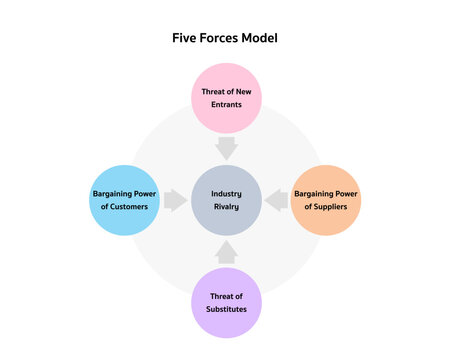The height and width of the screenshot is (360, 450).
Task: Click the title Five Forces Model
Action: pos(225,38)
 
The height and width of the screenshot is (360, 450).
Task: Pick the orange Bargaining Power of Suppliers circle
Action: pos(326,200)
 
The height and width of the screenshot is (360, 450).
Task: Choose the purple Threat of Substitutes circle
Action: pos(226,303)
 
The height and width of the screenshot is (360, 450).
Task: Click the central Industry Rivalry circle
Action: pos(226,200)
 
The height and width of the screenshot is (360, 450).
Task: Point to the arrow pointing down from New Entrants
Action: pos(226,148)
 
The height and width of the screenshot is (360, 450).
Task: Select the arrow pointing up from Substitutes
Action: pos(226,251)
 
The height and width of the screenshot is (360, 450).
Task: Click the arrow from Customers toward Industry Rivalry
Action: pos(175,200)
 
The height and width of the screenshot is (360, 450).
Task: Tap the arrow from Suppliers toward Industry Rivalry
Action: pos(277,200)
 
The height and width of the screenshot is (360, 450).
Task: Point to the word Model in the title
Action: pos(258,38)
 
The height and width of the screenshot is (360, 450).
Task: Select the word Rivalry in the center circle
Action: pos(226,207)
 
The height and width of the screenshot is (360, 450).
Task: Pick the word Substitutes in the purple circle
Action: pos(226,310)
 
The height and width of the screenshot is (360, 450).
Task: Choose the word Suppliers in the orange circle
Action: pos(333,207)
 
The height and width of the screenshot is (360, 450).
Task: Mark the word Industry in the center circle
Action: pos(226,193)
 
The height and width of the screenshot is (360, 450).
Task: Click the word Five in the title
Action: pos(187,38)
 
